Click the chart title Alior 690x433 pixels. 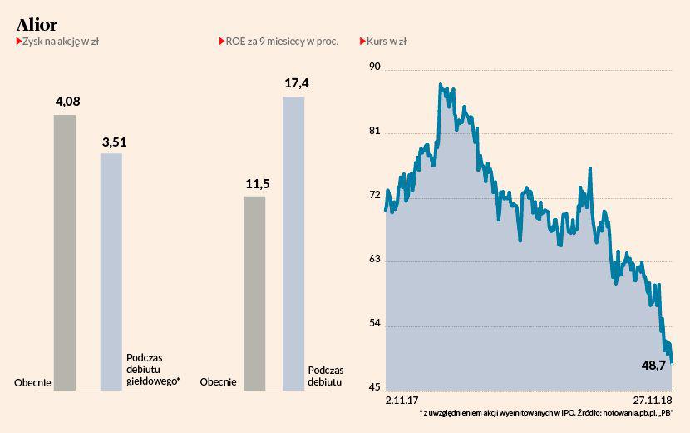pos(37,24)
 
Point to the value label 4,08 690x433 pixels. pos(67,102)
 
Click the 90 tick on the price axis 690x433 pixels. pos(374,67)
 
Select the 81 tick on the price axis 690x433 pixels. pos(373,132)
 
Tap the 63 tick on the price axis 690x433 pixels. pos(374,260)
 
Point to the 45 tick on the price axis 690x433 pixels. pos(374,387)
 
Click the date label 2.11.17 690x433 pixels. pos(402,400)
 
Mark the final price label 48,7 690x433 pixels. pos(653,366)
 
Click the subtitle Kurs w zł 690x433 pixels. pos(386,42)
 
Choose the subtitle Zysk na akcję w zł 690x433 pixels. pos(62,42)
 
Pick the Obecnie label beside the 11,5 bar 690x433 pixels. pos(218,382)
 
